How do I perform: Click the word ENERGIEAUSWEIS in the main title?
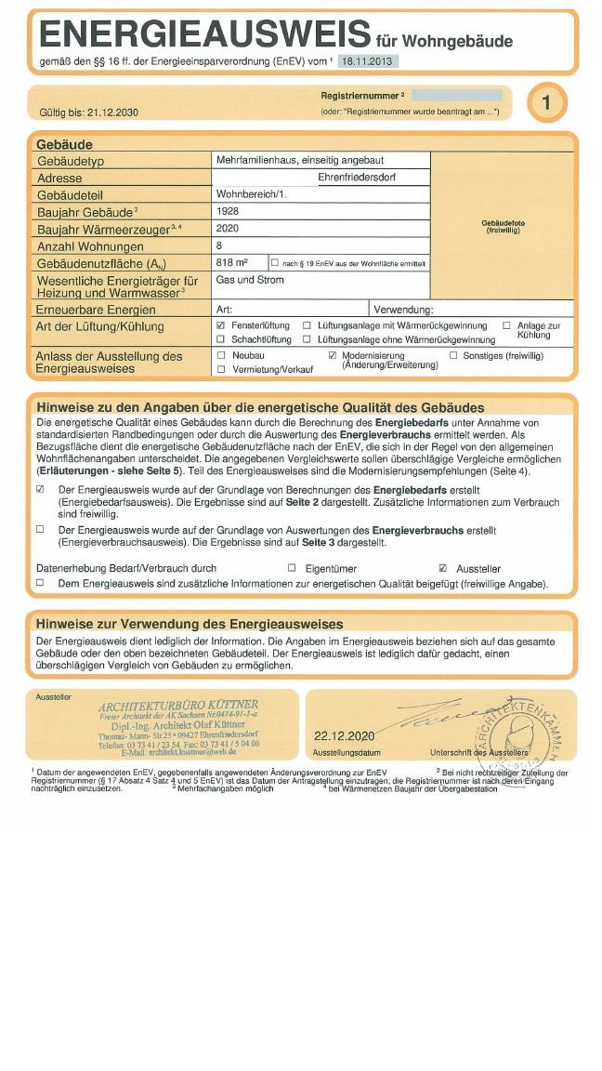[x=204, y=35]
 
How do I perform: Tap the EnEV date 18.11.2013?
[x=367, y=61]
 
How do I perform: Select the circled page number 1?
[x=547, y=103]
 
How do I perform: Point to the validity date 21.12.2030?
[x=112, y=112]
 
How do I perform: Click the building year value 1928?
[x=228, y=211]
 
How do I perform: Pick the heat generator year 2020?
[x=228, y=228]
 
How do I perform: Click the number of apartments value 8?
[x=219, y=245]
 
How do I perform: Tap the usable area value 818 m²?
[x=231, y=263]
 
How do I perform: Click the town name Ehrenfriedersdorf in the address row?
[x=357, y=177]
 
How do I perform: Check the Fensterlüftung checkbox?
[x=221, y=326]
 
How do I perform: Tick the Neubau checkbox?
[x=221, y=355]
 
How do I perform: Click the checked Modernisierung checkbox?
[x=333, y=355]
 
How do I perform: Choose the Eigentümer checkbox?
[x=292, y=568]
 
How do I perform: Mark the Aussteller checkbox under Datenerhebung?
[x=442, y=568]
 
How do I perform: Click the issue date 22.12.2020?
[x=344, y=736]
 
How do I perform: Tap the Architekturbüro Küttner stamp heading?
[x=178, y=705]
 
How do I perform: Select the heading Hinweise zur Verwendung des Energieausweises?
[x=190, y=624]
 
